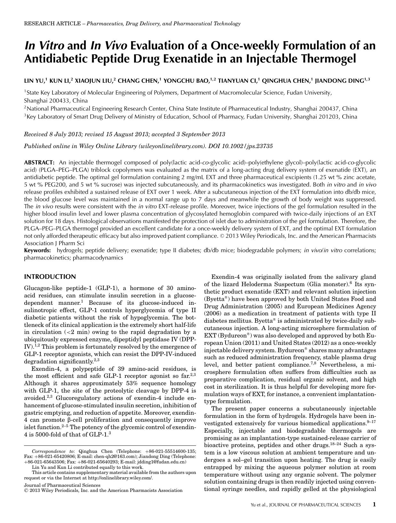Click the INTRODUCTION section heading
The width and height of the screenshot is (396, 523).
click(x=50, y=277)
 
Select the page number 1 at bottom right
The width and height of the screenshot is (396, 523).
click(x=374, y=504)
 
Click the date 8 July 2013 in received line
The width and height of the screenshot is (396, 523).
click(x=60, y=134)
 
